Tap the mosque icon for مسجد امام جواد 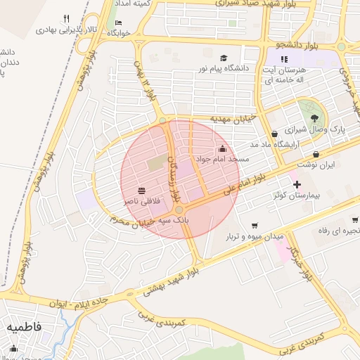[223, 148]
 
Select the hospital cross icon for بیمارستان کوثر [297, 184]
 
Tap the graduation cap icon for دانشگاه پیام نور [224, 58]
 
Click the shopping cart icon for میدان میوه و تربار [254, 226]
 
